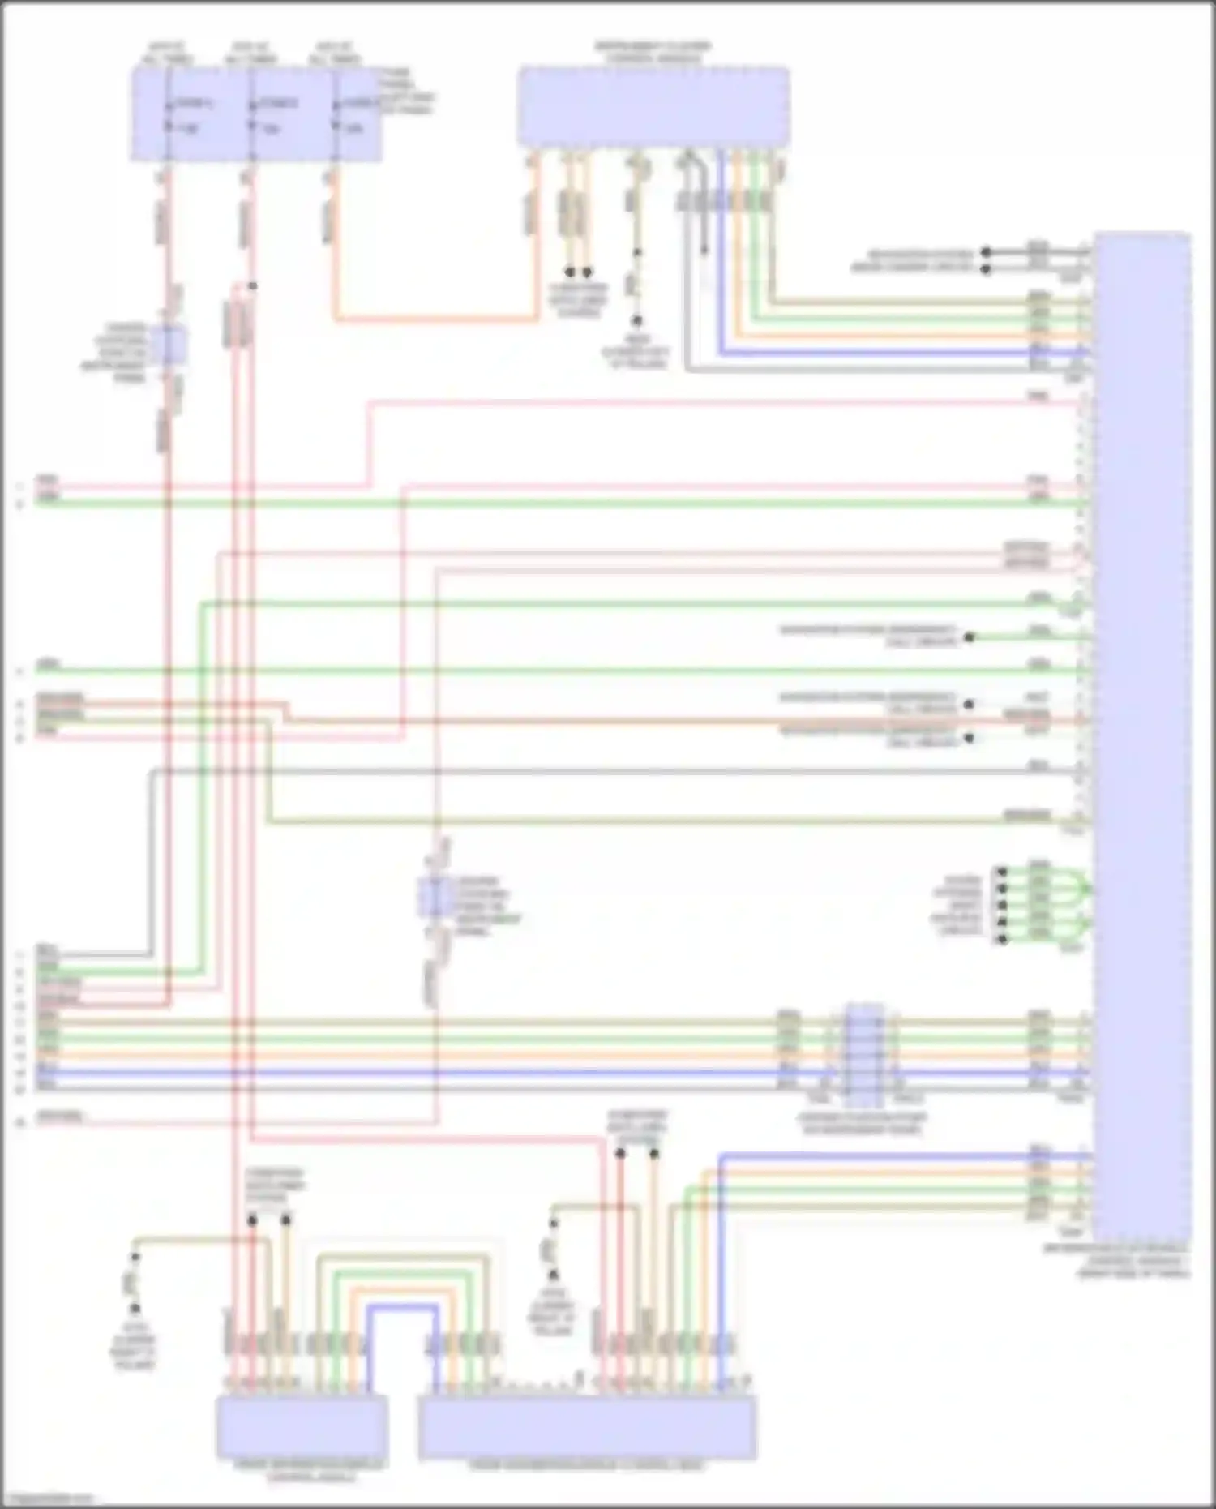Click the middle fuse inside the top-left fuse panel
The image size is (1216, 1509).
point(251,114)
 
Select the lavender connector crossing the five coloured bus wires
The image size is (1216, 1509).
point(864,1055)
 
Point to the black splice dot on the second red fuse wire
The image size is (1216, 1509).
point(253,286)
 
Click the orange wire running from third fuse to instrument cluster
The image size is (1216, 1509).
point(430,319)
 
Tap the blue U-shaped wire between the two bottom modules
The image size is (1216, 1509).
point(401,1308)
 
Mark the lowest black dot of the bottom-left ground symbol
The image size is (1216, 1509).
point(135,1308)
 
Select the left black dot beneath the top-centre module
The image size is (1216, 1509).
point(570,272)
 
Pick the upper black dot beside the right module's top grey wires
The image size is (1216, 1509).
point(987,252)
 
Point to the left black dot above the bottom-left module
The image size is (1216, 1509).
point(253,1220)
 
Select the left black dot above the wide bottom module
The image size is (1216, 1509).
point(619,1152)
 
